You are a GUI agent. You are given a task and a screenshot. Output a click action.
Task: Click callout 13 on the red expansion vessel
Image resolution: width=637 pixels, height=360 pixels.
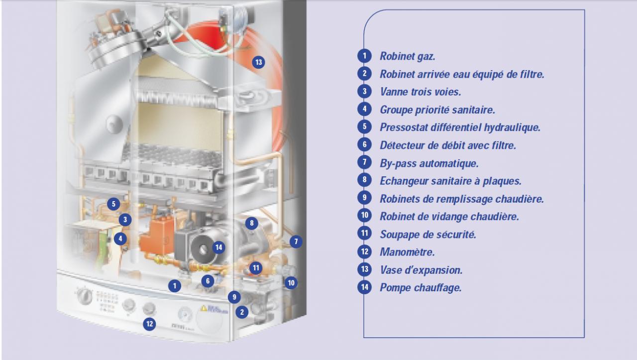(x=258, y=62)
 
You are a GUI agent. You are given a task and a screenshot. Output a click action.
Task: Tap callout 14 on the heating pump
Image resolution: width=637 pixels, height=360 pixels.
(x=218, y=247)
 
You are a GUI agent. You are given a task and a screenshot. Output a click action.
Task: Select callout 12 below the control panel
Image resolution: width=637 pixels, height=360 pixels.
(x=149, y=324)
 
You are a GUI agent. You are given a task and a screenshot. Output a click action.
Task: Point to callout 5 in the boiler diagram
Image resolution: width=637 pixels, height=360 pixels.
(x=113, y=204)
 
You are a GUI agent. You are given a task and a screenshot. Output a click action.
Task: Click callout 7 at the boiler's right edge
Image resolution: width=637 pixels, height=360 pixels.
(x=296, y=241)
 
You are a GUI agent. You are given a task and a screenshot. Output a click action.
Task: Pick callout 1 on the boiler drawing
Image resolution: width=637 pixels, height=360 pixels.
(x=175, y=286)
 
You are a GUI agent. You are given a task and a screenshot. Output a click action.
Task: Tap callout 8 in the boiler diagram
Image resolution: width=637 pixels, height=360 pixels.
(x=251, y=223)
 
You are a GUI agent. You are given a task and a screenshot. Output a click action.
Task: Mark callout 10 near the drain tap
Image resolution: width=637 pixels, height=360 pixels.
(x=291, y=283)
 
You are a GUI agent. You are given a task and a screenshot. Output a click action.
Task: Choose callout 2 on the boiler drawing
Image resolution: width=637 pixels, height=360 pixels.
(x=242, y=312)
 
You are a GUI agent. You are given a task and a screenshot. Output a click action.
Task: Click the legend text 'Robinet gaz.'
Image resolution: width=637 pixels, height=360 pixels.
(x=408, y=56)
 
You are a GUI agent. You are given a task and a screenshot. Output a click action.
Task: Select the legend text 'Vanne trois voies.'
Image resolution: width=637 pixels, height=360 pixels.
(x=421, y=92)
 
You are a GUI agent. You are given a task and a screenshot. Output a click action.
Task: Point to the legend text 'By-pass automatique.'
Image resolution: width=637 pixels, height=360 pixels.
(x=429, y=163)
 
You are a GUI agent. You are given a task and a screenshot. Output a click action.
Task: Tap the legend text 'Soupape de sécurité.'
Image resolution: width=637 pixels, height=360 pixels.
(x=428, y=235)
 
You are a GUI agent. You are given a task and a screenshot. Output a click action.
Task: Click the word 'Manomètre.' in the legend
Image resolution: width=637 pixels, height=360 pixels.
(x=407, y=252)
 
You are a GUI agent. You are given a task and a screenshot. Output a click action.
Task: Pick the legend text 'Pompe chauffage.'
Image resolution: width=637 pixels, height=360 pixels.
(x=421, y=288)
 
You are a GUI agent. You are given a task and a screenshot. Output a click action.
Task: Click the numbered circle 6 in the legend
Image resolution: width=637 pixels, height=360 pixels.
(x=365, y=144)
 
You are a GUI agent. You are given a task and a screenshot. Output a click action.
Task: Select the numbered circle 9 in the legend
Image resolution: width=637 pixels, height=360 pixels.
(x=365, y=198)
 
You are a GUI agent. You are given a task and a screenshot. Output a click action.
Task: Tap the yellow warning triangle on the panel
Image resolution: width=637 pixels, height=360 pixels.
(x=204, y=308)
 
